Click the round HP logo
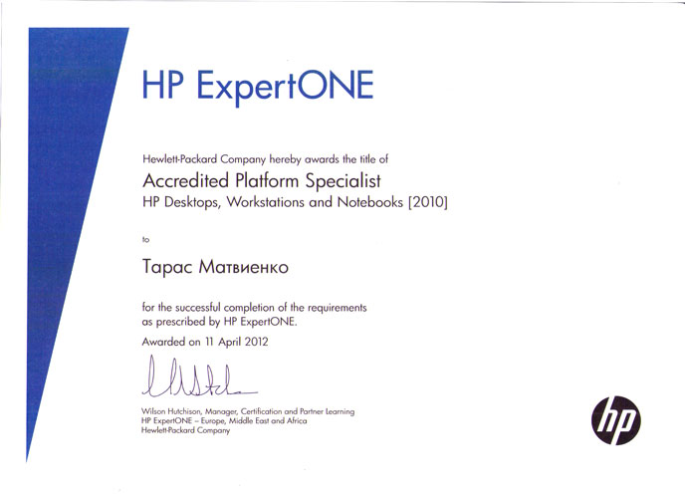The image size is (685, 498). pos(616,420)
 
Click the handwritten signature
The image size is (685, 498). pos(199,377)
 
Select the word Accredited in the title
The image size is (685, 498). pos(185,181)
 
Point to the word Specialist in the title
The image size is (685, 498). pos(342,181)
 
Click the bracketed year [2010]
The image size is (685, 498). pos(428,202)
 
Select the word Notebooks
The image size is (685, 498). pos(369,202)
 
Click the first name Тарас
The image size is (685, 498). pos(167,267)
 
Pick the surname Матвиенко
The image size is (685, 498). pos(243,267)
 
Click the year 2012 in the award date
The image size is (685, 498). pos(256,342)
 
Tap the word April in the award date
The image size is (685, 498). pos(230,342)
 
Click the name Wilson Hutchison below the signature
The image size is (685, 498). pos(171,411)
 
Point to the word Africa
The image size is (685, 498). pos(297,421)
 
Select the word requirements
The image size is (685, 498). pos(337,308)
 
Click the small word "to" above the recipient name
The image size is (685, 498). pos(146,239)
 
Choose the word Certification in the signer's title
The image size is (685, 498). pos(261,411)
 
